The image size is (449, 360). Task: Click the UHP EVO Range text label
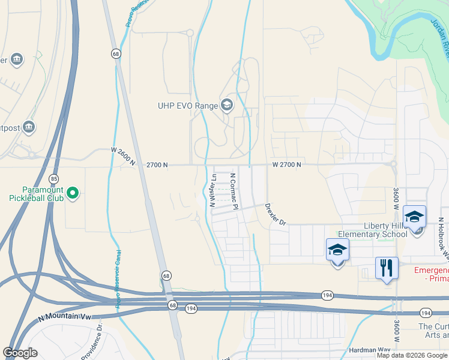pos(188,106)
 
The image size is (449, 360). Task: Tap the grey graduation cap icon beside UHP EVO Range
pos(227,106)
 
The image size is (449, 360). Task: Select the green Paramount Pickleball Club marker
pos(73,193)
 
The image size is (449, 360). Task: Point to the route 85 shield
pos(54,179)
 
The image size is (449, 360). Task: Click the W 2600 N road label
pos(124,158)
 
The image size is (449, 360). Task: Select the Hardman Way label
pos(369,350)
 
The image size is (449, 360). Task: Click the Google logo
pos(20,353)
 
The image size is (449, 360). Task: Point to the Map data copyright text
pos(412,355)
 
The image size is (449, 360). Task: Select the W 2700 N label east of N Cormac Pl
pos(286,164)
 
